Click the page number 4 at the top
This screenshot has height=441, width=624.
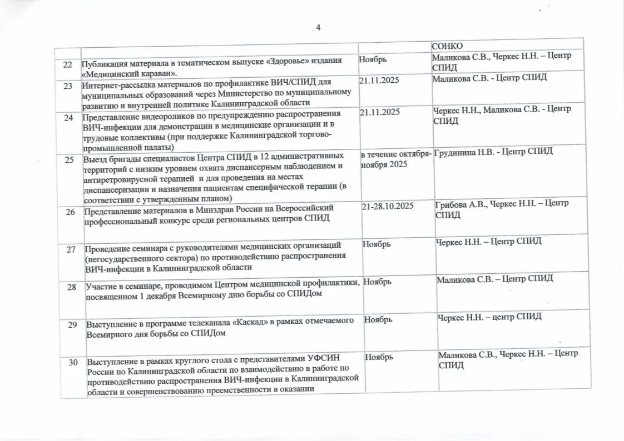pyautogui.click(x=318, y=28)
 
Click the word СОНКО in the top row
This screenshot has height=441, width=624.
pyautogui.click(x=448, y=46)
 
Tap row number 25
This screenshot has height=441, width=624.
pyautogui.click(x=70, y=160)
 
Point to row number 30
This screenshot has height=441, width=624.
pyautogui.click(x=73, y=363)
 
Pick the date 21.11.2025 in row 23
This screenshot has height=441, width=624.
pyautogui.click(x=379, y=81)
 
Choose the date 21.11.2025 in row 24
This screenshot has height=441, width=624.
pyautogui.click(x=380, y=112)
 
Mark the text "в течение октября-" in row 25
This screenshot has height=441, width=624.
pyautogui.click(x=395, y=154)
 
